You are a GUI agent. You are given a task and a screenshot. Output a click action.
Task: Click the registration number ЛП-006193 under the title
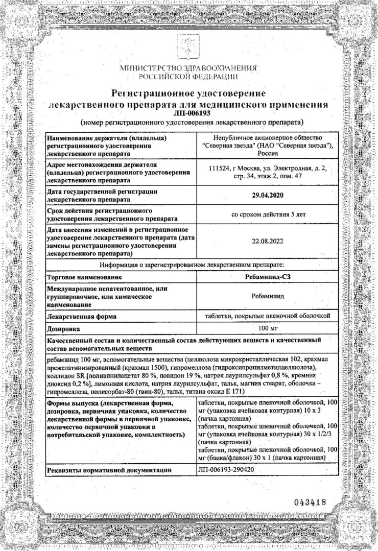188,114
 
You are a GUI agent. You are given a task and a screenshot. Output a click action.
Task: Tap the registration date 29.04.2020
267,195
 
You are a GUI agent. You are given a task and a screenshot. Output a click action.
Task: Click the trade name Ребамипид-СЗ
267,277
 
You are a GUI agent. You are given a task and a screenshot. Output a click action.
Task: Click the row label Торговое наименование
84,277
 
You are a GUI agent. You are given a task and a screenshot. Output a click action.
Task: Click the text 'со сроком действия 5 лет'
268,214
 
